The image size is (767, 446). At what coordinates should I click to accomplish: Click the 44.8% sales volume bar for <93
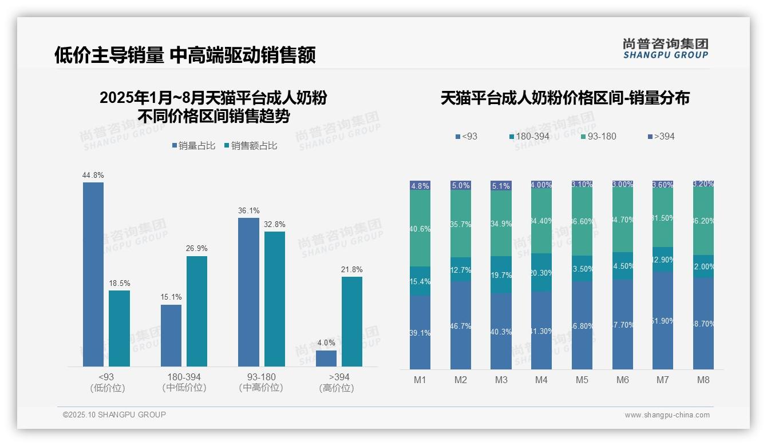coord(93,274)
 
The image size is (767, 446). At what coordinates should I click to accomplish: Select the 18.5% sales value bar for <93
coord(119,328)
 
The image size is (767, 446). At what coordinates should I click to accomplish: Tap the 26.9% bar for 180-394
coord(197,311)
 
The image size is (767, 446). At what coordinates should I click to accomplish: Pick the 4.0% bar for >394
coord(326,359)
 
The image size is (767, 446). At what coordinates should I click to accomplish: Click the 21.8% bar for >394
coord(352,321)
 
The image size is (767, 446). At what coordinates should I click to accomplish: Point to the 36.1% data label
coord(248,211)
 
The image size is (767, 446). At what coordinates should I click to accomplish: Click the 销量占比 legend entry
coord(193,146)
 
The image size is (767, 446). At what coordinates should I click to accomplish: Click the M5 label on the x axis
coord(582,380)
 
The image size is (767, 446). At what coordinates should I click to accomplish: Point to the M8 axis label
coord(703,380)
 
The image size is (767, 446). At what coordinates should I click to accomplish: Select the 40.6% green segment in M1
coord(420,228)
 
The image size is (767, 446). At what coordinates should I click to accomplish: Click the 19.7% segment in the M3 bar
coord(501,275)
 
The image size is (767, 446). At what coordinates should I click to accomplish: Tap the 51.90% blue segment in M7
coord(663,321)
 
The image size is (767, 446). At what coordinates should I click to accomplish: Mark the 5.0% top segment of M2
coord(461,186)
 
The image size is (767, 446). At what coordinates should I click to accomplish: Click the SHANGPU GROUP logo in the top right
coord(665,49)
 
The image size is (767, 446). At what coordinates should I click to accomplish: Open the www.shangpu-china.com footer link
coord(667,415)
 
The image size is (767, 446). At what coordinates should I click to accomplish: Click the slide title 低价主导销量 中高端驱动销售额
coord(185,55)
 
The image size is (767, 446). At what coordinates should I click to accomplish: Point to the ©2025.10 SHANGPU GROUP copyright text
coord(114,415)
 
